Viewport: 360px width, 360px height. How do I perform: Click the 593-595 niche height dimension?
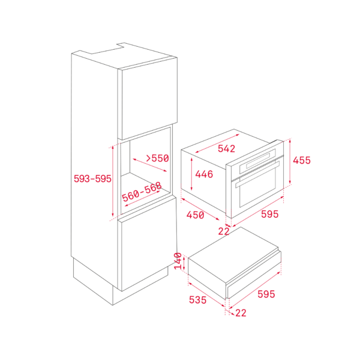(92, 179)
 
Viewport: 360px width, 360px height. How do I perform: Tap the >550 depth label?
(157, 158)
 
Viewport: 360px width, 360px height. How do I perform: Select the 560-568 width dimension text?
(142, 192)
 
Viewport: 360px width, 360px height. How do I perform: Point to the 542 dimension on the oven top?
(226, 149)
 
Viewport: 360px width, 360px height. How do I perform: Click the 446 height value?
(204, 174)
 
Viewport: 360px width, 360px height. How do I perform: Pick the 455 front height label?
(302, 160)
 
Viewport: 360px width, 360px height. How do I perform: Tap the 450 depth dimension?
(195, 215)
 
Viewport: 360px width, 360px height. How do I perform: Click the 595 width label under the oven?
(270, 214)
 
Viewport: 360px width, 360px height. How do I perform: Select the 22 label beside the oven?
(224, 232)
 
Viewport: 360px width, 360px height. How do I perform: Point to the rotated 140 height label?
(178, 261)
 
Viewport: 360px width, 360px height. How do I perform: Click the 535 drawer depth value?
(197, 300)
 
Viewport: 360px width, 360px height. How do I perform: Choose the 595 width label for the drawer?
(266, 294)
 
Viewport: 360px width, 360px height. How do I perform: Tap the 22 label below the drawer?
(241, 313)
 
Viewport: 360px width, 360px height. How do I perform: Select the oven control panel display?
(258, 160)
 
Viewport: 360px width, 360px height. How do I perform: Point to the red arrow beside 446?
(192, 174)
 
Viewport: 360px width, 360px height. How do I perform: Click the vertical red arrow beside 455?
(290, 162)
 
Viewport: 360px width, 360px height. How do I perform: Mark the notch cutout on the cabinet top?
(108, 49)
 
